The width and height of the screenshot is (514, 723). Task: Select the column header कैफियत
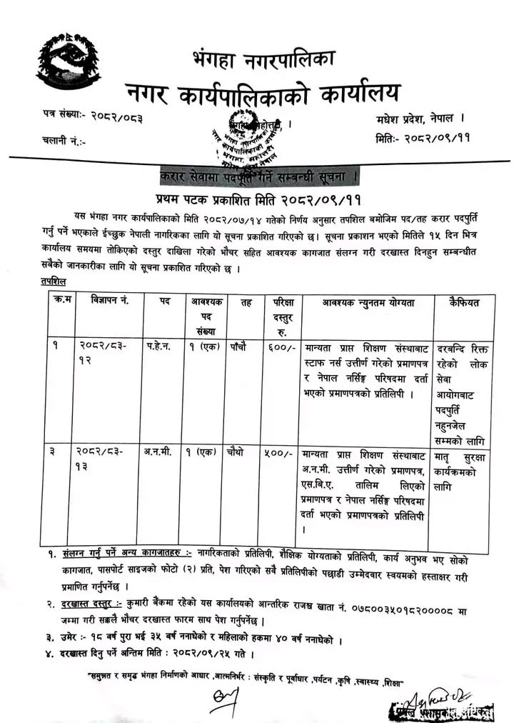(465, 302)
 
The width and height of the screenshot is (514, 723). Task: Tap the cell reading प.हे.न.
(163, 346)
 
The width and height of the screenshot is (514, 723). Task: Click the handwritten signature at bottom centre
(223, 700)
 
